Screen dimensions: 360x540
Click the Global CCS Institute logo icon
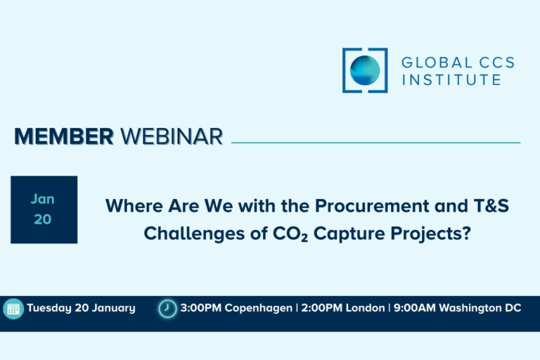pyautogui.click(x=365, y=70)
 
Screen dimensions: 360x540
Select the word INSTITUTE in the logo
pyautogui.click(x=451, y=79)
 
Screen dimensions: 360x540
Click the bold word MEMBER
pyautogui.click(x=64, y=136)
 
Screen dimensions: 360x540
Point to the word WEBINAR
pyautogui.click(x=172, y=136)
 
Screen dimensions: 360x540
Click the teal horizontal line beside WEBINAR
pyautogui.click(x=375, y=143)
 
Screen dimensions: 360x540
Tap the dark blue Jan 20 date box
pyautogui.click(x=44, y=210)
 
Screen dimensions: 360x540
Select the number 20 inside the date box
pyautogui.click(x=43, y=219)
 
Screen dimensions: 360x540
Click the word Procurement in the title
pyautogui.click(x=373, y=207)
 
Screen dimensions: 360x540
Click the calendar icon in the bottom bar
pyautogui.click(x=13, y=309)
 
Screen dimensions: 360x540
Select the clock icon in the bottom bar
pyautogui.click(x=167, y=309)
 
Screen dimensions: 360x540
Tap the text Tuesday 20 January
pyautogui.click(x=81, y=308)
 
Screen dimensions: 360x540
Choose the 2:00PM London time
pyautogui.click(x=342, y=308)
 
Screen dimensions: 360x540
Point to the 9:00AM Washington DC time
pyautogui.click(x=457, y=308)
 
